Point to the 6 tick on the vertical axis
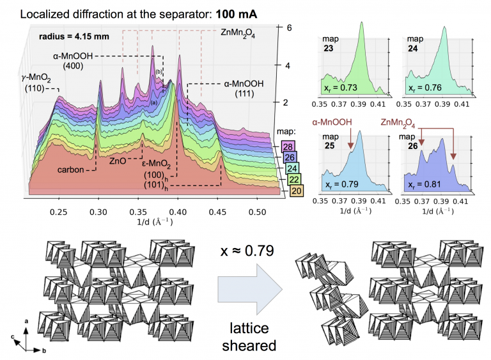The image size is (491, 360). point(289,28)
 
